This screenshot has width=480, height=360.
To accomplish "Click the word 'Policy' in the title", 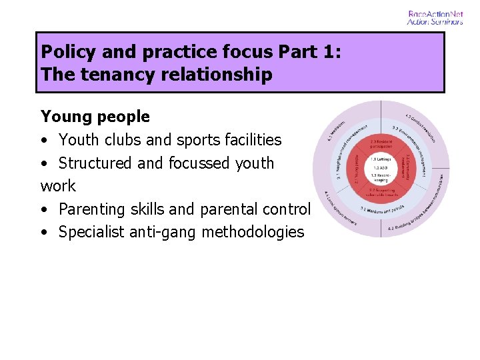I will click(65, 52).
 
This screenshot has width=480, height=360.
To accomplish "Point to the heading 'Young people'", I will click(95, 117).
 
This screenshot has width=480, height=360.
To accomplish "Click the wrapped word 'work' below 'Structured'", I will click(58, 186).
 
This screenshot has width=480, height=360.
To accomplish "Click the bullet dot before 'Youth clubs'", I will click(44, 140).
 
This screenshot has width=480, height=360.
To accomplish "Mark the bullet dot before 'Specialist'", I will click(44, 233).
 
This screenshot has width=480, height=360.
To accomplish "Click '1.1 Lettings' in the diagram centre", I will click(381, 159).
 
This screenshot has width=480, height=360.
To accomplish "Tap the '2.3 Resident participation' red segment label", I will click(381, 144).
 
